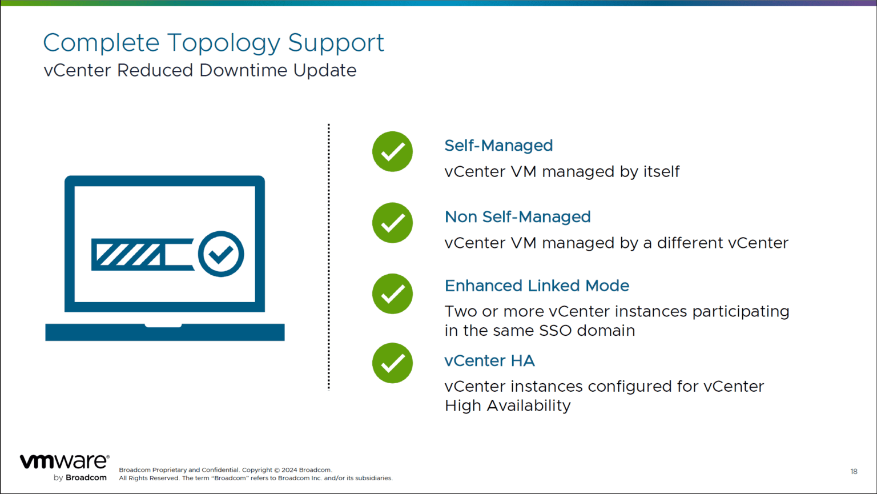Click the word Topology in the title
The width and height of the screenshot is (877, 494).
(x=223, y=43)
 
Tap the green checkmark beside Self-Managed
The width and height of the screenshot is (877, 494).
(x=392, y=152)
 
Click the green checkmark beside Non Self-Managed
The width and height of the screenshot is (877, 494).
(x=392, y=223)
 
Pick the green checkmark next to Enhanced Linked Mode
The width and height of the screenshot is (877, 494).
(x=392, y=294)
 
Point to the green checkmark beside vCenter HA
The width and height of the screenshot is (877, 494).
(x=392, y=363)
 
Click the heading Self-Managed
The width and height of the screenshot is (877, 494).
(x=498, y=146)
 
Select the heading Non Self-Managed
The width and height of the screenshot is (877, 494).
(x=517, y=217)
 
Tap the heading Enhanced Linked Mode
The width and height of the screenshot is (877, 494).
(x=537, y=286)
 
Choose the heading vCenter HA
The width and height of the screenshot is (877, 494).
(x=489, y=361)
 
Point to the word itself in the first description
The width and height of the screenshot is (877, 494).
(x=661, y=172)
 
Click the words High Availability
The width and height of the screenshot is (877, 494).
(x=507, y=406)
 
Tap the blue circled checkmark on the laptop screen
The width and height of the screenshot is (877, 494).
(x=221, y=254)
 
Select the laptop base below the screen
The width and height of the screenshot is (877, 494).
(x=164, y=332)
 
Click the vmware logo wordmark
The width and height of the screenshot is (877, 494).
(x=64, y=461)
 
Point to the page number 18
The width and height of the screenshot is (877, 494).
(x=854, y=471)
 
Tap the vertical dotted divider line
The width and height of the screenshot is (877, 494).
(x=329, y=257)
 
